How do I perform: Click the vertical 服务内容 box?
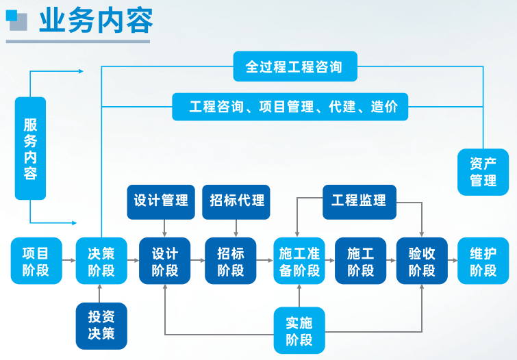coord(30,148)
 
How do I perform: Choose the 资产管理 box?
coord(483,172)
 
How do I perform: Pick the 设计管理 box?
coord(161,201)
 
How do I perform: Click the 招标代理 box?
coord(236,201)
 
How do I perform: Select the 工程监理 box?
coord(359,201)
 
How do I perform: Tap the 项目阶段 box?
coord(36,261)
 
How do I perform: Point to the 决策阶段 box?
coord(101,261)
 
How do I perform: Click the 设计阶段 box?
coord(164,261)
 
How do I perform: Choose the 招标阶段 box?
coord(230,261)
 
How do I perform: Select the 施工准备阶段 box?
coord(299,261)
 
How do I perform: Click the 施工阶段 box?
coord(360,261)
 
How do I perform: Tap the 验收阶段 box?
coord(422,261)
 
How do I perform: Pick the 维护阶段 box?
coord(483,261)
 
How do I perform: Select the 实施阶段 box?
coord(299,329)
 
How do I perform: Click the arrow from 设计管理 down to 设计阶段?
coord(164,228)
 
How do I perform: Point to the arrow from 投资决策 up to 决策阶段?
coord(101,292)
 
